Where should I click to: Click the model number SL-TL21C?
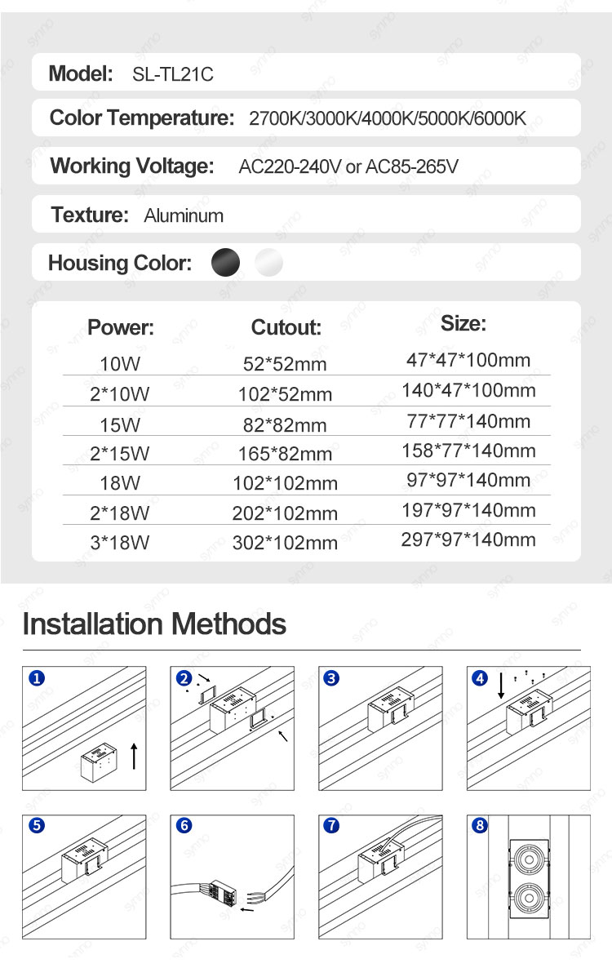[172, 74]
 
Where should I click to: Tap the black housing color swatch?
[226, 263]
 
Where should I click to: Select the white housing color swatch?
[268, 263]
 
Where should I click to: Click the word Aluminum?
[184, 215]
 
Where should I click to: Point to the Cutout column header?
[286, 328]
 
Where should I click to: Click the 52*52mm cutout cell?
[285, 364]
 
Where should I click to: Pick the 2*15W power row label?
[120, 454]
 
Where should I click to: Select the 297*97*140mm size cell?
[468, 540]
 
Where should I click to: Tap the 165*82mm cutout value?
[285, 454]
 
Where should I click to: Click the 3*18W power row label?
[120, 542]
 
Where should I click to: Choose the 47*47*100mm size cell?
[468, 360]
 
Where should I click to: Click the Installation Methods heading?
[154, 624]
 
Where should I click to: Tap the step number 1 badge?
[35, 678]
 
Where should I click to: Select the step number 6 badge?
[184, 825]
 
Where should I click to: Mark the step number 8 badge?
[480, 825]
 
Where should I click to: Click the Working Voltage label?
[131, 167]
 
